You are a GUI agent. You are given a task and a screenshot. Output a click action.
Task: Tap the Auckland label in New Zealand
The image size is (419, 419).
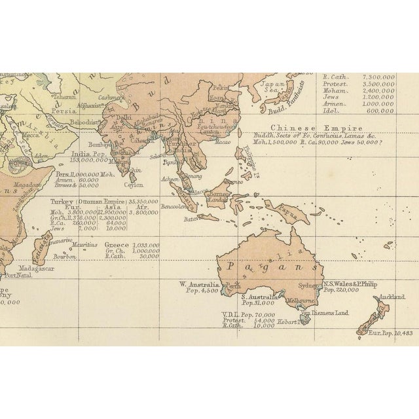[389, 296]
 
